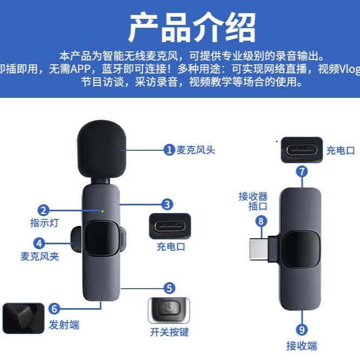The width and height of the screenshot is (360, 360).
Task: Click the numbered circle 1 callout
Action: pos(170,150)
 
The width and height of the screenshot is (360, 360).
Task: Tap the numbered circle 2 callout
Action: pos(43,211)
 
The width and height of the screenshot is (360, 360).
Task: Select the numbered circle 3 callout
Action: pos(168,204)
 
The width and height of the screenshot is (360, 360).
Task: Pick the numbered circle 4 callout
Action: pos(38,243)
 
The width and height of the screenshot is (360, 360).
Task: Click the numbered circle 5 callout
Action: pos(170,288)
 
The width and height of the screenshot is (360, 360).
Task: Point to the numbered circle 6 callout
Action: pos(54,309)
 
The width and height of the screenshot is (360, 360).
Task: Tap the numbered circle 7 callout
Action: pos(302,171)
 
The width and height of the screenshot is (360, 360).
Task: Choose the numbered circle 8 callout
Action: pos(262,221)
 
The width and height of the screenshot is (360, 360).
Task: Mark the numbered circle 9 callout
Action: pos(302,329)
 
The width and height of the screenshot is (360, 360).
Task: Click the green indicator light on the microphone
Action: pos(102,210)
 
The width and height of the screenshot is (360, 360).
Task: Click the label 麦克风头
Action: pos(196,150)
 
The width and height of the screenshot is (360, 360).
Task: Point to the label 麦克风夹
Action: pos(39,256)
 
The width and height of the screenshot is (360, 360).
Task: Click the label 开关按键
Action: pos(169,332)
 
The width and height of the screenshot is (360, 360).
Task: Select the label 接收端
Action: pos(302,345)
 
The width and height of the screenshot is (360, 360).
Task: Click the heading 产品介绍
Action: pos(191,27)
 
